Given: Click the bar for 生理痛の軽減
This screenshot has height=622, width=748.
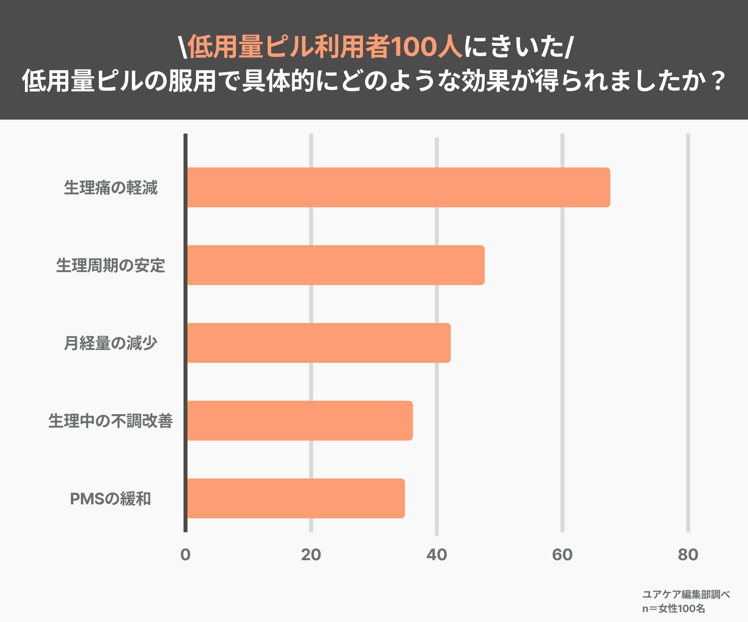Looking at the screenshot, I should click(x=398, y=187).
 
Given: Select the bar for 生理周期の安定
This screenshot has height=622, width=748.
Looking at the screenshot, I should click(x=335, y=265).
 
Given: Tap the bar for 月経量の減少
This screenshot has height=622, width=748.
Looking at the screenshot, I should click(x=318, y=343).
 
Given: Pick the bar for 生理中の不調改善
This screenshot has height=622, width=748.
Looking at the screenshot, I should click(x=299, y=421).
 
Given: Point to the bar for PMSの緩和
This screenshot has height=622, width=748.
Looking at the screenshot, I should click(x=295, y=498).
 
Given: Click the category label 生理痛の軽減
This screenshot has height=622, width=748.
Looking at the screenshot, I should click(x=111, y=188).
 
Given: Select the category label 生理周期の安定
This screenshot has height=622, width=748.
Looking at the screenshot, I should click(x=111, y=266).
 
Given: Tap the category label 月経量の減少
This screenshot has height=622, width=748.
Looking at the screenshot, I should click(x=111, y=343).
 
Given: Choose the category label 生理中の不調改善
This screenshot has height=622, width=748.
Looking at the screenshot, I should click(x=111, y=421).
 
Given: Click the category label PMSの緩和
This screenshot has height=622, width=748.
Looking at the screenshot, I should click(x=111, y=499).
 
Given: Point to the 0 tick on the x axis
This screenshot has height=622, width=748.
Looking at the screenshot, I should click(x=186, y=555).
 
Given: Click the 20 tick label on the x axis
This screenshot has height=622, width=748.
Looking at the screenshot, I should click(x=311, y=555).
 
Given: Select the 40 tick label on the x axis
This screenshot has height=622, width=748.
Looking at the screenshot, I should click(x=437, y=555).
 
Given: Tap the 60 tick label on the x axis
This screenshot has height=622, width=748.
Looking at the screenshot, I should click(x=562, y=555).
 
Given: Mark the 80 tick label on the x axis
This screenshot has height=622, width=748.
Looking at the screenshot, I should click(x=688, y=555).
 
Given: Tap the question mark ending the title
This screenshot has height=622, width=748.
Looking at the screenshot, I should click(x=717, y=81).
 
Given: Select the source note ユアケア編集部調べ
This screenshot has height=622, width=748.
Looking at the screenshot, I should click(x=686, y=595).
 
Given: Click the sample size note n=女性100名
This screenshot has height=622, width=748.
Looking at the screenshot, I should click(x=673, y=609).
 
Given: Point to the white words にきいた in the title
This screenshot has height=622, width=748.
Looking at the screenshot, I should click(x=514, y=47).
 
